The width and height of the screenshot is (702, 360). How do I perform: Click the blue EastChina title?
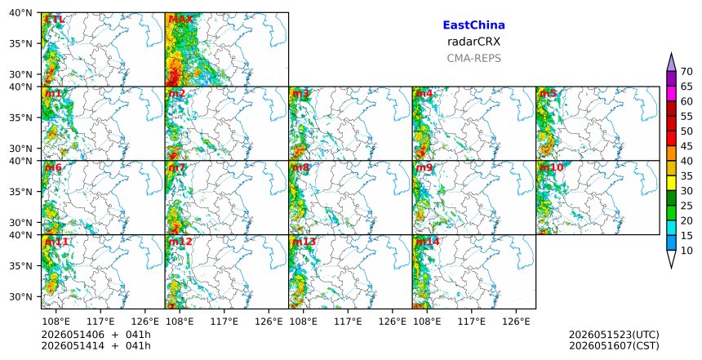pyautogui.click(x=473, y=25)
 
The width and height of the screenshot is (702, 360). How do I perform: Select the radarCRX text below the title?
pyautogui.click(x=473, y=42)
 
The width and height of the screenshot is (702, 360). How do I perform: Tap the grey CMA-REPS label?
pyautogui.click(x=473, y=58)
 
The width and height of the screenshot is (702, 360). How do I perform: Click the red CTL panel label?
pyautogui.click(x=55, y=20)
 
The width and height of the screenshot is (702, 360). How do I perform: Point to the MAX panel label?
pyautogui.click(x=180, y=20)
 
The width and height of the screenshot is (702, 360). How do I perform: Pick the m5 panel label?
pyautogui.click(x=548, y=94)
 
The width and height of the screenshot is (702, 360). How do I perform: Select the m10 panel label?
pyautogui.click(x=551, y=167)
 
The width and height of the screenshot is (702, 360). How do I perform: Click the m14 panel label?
pyautogui.click(x=428, y=242)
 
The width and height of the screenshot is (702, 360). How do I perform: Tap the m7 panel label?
pyautogui.click(x=177, y=167)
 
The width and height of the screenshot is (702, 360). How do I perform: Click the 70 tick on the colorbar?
pyautogui.click(x=686, y=72)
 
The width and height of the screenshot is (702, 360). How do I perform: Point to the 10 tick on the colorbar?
pyautogui.click(x=686, y=251)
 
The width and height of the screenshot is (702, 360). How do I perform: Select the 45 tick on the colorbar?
pyautogui.click(x=686, y=146)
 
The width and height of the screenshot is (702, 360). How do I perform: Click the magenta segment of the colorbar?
pyautogui.click(x=671, y=94)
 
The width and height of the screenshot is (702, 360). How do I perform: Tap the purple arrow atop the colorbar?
pyautogui.click(x=671, y=63)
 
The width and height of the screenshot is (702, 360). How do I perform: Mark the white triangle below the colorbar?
pyautogui.click(x=671, y=258)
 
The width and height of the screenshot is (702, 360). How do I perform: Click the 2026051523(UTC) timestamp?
pyautogui.click(x=614, y=335)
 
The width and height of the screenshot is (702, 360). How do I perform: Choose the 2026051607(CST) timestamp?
pyautogui.click(x=614, y=345)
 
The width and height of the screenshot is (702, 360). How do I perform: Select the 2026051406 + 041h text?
pyautogui.click(x=96, y=335)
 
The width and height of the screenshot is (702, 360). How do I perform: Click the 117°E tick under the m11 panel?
pyautogui.click(x=100, y=322)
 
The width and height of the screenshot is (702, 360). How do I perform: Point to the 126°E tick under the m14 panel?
pyautogui.click(x=516, y=322)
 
